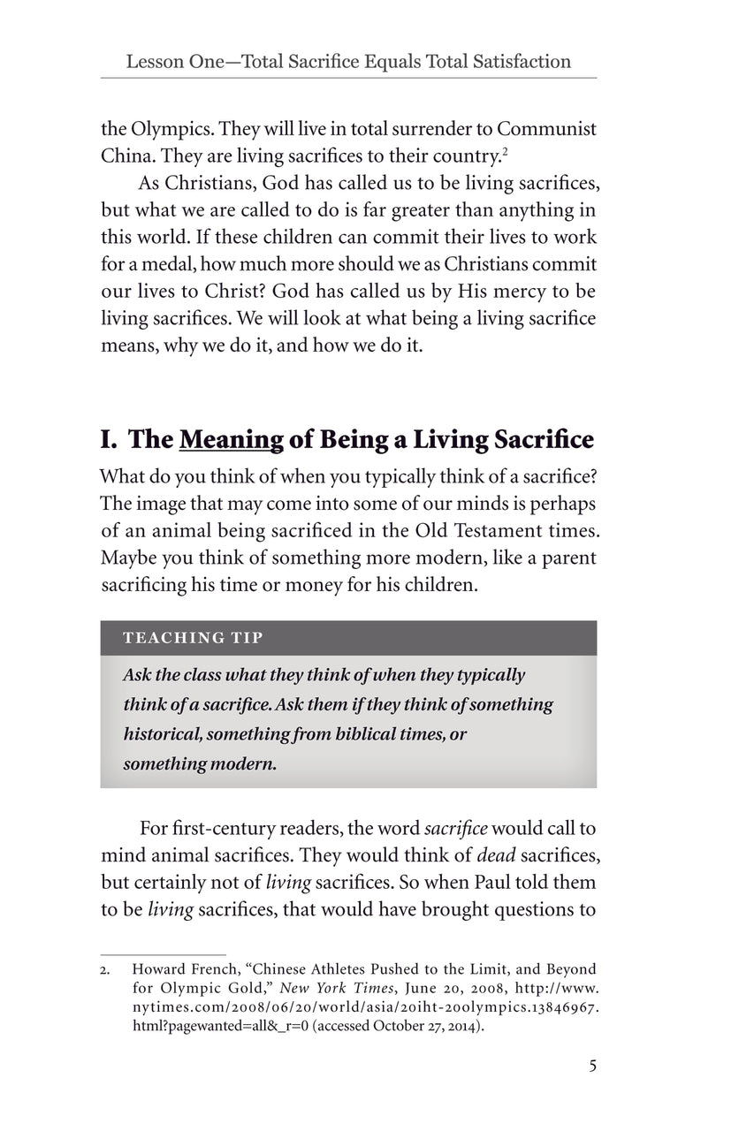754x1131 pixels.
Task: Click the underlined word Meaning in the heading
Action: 232,439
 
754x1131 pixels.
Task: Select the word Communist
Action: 545,128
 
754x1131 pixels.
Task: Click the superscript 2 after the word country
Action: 504,152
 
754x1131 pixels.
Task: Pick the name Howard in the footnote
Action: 159,969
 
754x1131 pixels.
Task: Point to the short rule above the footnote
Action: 164,954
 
